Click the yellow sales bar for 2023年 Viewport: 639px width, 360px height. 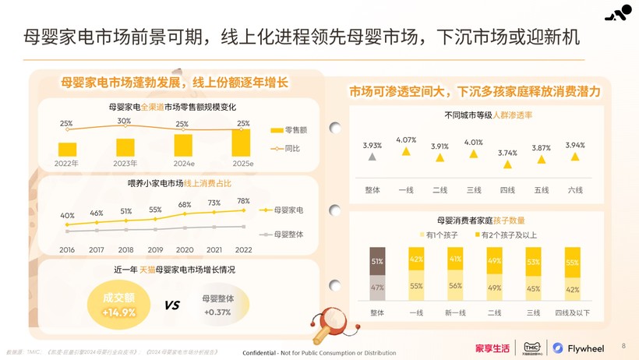coord(125,147)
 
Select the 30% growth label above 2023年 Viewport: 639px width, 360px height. coord(124,122)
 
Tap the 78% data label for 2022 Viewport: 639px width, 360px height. coord(243,201)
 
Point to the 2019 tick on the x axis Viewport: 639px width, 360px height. coord(155,249)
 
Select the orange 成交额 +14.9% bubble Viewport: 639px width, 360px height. coord(118,305)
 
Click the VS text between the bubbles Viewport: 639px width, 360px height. coord(171,305)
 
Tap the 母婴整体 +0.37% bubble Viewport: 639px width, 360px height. coord(217,305)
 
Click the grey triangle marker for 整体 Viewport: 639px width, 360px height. coord(372,157)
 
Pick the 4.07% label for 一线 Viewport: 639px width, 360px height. coord(406,140)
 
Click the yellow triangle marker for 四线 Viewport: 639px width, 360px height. coord(508,164)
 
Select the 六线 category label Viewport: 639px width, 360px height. coord(574,190)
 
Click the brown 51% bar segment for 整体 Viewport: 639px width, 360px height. coord(377,261)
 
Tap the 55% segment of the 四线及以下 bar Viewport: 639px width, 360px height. coord(572,263)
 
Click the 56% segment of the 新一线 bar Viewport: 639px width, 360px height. coord(455,286)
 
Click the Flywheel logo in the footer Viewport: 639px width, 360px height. coord(577,348)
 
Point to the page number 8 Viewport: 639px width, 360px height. coord(623,344)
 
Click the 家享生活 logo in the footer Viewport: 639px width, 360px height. coord(492,348)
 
